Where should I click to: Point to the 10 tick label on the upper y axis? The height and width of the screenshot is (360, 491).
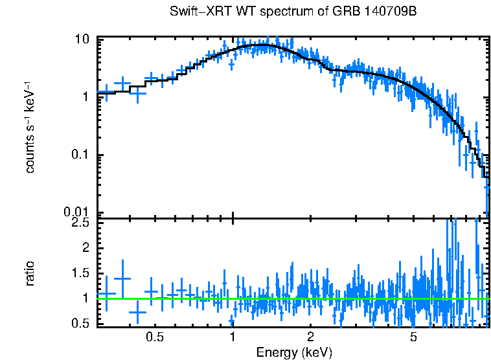(x=82, y=39)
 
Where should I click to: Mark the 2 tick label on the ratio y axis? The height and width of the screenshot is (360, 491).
(x=86, y=248)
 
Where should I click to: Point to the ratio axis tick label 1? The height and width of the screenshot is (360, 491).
(x=86, y=298)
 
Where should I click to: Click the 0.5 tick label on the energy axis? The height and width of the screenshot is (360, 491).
(x=154, y=337)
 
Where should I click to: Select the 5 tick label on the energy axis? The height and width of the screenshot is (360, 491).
(x=413, y=337)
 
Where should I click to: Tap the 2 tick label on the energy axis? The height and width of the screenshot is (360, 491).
(x=310, y=337)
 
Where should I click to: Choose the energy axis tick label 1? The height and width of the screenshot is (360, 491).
(x=233, y=337)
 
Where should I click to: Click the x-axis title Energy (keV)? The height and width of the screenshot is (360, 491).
(x=294, y=352)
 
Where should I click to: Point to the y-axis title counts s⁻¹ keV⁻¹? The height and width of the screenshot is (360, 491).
(x=30, y=128)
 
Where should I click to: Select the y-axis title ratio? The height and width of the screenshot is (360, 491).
(x=30, y=273)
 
